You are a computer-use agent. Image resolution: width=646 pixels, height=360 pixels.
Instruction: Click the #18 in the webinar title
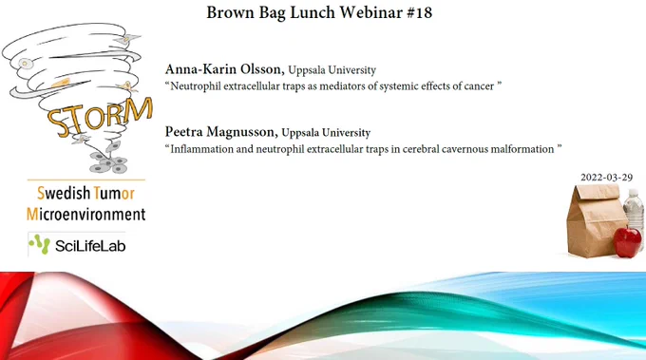coord(419,12)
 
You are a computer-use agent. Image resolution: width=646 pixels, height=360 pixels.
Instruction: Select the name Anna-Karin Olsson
coord(224,69)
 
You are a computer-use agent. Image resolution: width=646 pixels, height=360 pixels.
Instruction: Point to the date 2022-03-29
coord(606,178)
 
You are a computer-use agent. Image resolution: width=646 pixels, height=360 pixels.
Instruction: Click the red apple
coord(627,241)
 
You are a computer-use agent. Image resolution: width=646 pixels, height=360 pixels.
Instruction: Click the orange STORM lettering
coord(100,117)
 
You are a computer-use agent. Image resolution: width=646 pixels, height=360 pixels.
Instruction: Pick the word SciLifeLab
coord(90,246)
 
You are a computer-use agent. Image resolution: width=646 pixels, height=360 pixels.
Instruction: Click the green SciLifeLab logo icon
coord(40,245)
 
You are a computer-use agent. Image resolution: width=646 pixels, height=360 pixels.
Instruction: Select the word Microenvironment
coord(86,214)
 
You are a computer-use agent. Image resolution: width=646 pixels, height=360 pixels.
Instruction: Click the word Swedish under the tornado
coord(64,193)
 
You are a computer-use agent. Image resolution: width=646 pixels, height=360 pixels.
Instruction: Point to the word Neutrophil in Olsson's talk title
coord(196,86)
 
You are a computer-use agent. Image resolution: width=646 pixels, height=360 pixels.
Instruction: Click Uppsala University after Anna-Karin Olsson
coord(332,70)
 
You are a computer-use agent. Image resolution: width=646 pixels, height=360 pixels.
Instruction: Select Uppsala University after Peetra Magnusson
coord(326,133)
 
